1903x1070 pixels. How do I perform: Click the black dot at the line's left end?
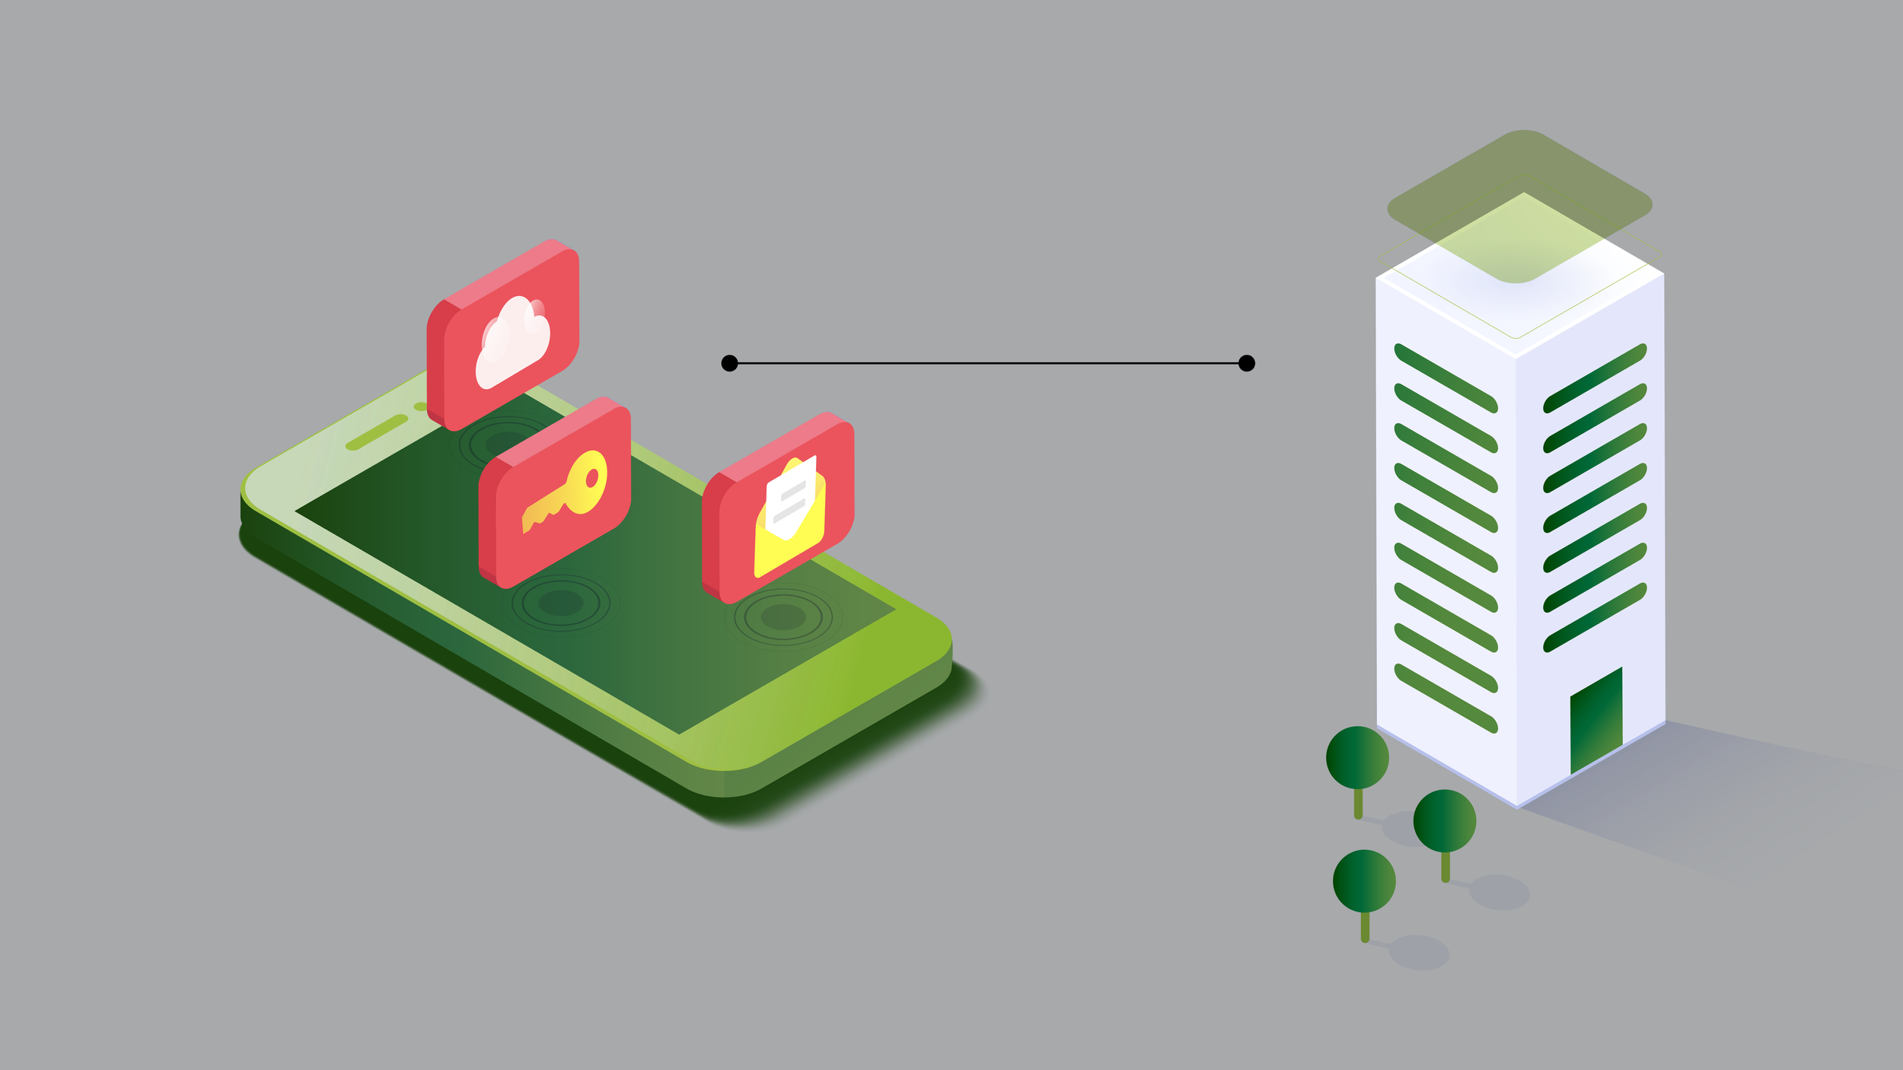(729, 363)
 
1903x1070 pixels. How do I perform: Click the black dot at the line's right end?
(1246, 363)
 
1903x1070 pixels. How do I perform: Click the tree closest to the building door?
(1444, 821)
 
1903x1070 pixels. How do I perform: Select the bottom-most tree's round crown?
(1364, 881)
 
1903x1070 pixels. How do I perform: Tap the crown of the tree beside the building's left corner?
(1357, 757)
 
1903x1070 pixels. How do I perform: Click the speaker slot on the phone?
(377, 432)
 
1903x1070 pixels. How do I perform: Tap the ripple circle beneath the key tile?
(561, 603)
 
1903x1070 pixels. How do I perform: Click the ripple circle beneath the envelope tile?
(783, 616)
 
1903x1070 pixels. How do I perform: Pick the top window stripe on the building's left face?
(1446, 378)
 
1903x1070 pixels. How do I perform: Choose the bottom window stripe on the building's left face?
(1446, 698)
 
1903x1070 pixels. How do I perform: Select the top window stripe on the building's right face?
(1595, 378)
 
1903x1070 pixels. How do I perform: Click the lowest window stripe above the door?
(1595, 617)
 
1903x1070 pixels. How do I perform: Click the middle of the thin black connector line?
(988, 363)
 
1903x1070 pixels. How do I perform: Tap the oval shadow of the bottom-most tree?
(1418, 952)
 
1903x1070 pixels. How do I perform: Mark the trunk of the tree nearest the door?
(1445, 866)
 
